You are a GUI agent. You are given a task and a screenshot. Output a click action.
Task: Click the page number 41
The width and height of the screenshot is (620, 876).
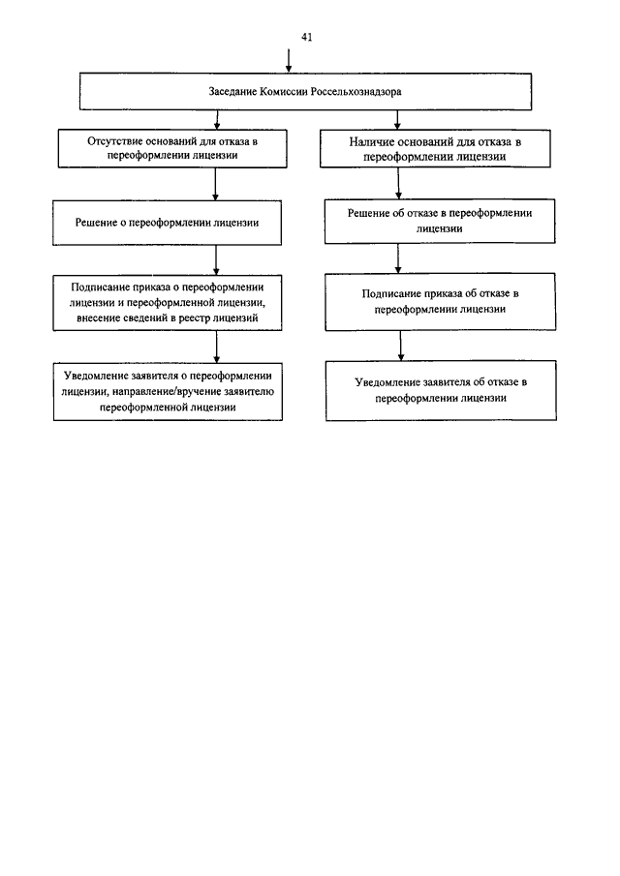pos(306,38)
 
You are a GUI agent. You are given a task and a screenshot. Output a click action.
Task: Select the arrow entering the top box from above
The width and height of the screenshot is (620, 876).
pos(289,60)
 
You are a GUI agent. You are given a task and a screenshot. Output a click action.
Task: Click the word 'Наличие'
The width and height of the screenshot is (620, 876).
pos(369,142)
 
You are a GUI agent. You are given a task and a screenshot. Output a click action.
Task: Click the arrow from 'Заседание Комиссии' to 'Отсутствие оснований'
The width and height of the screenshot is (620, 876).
pos(217,120)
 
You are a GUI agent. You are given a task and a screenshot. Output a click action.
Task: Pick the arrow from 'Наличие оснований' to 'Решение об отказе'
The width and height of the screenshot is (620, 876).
pos(398,183)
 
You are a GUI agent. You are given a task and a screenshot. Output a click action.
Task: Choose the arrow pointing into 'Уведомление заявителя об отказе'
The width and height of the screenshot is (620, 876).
pos(400,346)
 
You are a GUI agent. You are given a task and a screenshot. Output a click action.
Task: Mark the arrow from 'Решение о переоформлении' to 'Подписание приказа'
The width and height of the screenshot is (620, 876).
pos(216,259)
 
